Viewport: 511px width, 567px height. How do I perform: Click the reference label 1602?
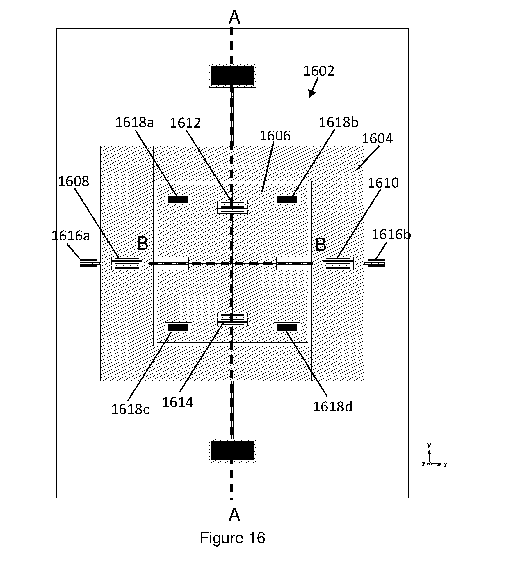tap(319, 71)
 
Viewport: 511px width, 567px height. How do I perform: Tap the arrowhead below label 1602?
tap(311, 94)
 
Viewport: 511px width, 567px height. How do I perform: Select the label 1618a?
tap(134, 122)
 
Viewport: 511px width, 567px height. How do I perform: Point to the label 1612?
tap(185, 123)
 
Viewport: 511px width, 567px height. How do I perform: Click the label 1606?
tap(275, 136)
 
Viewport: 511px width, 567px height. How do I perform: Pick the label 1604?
tap(377, 139)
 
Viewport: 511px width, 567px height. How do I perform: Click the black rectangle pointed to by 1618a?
tap(178, 199)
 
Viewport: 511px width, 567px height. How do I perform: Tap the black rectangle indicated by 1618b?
tap(287, 199)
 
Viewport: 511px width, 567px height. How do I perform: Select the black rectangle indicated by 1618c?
tap(178, 327)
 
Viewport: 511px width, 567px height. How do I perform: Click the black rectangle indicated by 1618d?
tap(287, 327)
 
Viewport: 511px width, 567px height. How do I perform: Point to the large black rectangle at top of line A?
tap(232, 76)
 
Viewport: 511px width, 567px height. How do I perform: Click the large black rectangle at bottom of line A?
tap(232, 451)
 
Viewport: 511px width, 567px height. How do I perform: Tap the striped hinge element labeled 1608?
tap(127, 263)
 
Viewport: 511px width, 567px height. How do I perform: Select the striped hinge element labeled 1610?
tap(338, 263)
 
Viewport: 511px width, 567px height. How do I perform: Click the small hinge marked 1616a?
tap(88, 263)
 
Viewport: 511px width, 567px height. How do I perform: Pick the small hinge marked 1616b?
tap(377, 263)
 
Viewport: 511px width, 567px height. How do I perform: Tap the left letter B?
tap(143, 244)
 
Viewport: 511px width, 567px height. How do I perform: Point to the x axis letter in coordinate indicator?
tap(445, 465)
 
